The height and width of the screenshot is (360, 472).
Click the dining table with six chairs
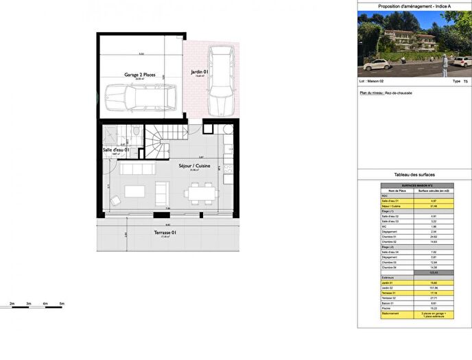click(202, 193)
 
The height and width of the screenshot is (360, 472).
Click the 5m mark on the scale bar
click(62, 303)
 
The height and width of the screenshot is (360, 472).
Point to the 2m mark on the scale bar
click(12, 303)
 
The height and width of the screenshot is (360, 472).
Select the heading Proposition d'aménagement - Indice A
click(414, 6)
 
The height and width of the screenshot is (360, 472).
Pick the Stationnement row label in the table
click(394, 315)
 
